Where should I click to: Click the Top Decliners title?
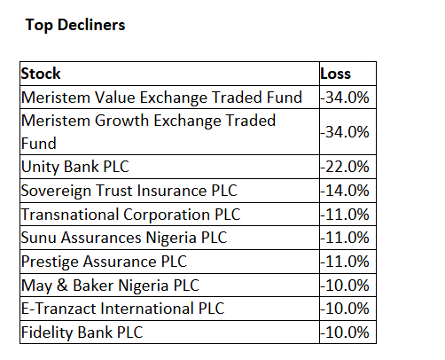click(x=75, y=25)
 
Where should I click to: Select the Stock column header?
click(x=41, y=74)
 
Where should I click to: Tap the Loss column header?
click(x=336, y=74)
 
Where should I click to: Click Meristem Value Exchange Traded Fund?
click(x=161, y=98)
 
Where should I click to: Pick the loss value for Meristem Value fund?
click(x=345, y=98)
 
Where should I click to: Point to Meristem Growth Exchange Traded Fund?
click(x=148, y=132)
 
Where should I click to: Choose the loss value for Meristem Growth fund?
click(x=345, y=132)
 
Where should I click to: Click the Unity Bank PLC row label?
click(x=75, y=167)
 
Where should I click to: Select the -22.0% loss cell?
click(x=345, y=167)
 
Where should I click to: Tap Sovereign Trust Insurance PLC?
click(x=129, y=191)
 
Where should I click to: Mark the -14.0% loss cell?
click(x=345, y=191)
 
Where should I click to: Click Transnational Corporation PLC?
click(x=131, y=215)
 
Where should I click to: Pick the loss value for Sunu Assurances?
click(x=345, y=238)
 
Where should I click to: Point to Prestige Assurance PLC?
click(x=104, y=262)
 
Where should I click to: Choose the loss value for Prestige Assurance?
click(x=345, y=262)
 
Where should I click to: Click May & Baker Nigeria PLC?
click(x=110, y=286)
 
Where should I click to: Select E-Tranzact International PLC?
click(x=122, y=309)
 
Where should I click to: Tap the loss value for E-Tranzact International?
click(x=345, y=309)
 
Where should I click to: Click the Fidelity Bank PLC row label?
click(x=82, y=333)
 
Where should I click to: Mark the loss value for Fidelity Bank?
click(x=345, y=333)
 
